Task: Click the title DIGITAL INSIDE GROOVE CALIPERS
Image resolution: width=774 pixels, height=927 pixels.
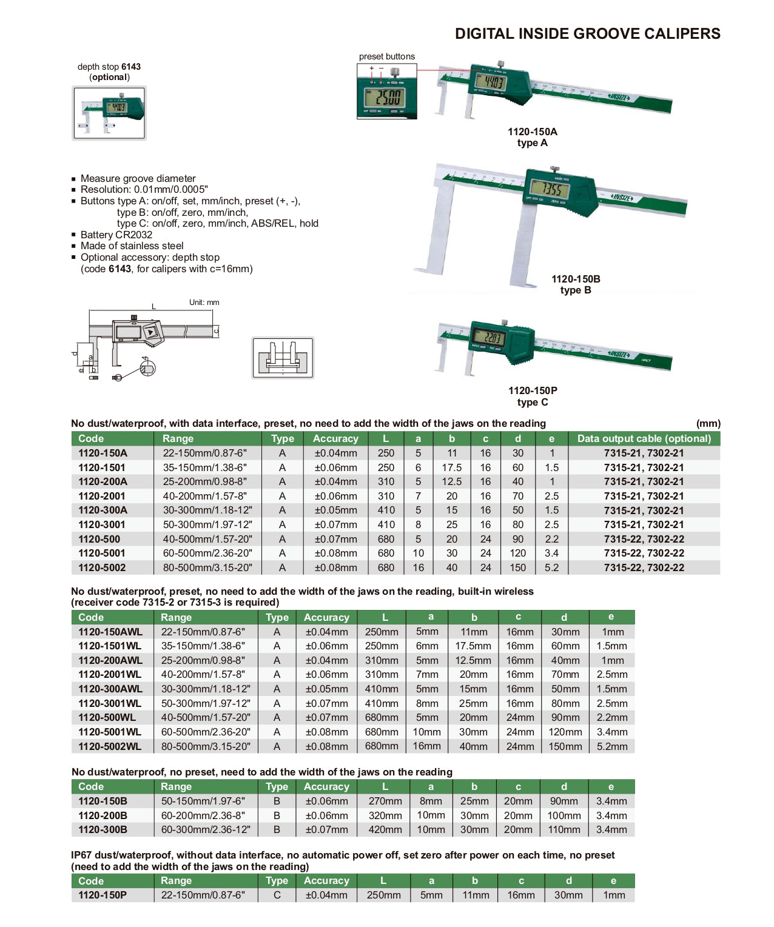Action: [x=587, y=33]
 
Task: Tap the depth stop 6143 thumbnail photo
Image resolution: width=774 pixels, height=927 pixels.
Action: [x=109, y=113]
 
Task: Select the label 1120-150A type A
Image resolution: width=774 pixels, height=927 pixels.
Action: [x=532, y=137]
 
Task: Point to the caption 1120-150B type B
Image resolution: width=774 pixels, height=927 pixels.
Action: [x=576, y=284]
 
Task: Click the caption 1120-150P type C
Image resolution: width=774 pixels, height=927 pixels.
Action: [x=533, y=397]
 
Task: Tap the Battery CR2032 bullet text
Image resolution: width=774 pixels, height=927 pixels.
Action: [x=116, y=235]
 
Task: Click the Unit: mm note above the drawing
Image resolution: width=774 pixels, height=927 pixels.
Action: [x=204, y=302]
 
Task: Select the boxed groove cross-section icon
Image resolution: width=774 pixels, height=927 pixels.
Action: [x=283, y=358]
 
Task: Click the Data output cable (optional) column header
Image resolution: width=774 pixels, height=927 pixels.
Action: [x=644, y=438]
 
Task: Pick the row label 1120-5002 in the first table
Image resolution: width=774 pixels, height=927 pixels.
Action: [x=102, y=567]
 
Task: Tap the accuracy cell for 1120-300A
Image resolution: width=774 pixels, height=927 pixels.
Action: [x=335, y=510]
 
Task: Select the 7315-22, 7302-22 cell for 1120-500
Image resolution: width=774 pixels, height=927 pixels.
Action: [x=644, y=539]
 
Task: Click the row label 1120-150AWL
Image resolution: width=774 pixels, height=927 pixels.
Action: [x=110, y=632]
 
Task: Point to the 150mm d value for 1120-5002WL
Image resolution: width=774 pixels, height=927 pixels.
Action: [x=565, y=746]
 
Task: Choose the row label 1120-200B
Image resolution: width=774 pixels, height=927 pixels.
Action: [x=103, y=815]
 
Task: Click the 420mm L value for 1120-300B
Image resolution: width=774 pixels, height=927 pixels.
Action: [x=385, y=829]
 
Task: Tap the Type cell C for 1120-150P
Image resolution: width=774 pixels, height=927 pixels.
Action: [x=277, y=895]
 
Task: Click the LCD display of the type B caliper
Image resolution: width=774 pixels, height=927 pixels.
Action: [x=548, y=189]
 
